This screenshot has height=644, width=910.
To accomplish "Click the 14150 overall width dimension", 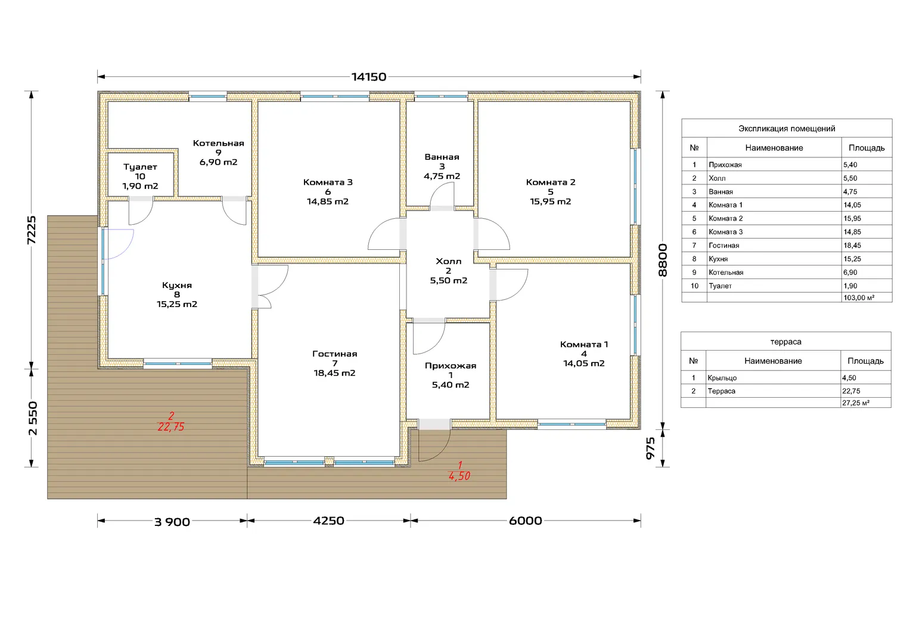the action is [368, 77].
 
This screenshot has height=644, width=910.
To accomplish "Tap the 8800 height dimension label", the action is [663, 260].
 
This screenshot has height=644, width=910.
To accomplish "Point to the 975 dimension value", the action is [651, 448].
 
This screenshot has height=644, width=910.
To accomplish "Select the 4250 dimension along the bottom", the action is [328, 521].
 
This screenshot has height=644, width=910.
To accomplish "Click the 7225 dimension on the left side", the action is [31, 230].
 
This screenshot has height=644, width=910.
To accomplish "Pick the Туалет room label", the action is [140, 167].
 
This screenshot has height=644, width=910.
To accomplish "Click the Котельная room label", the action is [219, 143].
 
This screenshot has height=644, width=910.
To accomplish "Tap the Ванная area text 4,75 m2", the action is [442, 176].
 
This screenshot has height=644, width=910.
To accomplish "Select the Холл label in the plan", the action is [449, 261].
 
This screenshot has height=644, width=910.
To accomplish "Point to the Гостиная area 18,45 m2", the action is [335, 373].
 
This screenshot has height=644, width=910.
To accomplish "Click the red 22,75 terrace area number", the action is [171, 427].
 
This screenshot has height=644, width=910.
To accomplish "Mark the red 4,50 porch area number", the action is [459, 476].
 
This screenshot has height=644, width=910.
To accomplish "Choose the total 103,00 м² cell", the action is [859, 298].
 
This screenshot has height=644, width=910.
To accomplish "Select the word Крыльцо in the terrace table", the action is [722, 377].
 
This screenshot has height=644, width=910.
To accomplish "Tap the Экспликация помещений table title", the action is [787, 128].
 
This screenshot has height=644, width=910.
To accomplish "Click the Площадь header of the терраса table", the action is [865, 361].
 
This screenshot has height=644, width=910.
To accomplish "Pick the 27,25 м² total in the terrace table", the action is [856, 403].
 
